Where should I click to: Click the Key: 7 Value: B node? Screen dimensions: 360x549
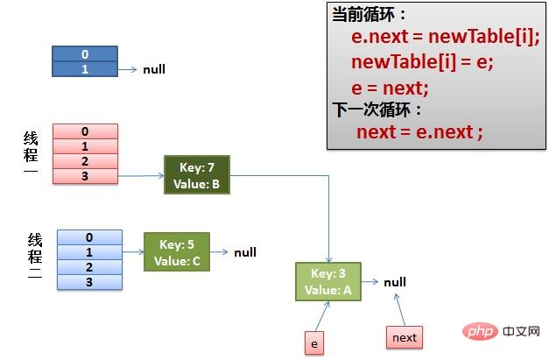(196, 175)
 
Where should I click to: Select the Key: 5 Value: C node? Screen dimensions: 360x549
(176, 252)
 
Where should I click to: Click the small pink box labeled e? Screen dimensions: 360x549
(314, 344)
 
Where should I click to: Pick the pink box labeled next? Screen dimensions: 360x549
(405, 337)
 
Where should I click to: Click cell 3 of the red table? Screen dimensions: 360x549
(85, 176)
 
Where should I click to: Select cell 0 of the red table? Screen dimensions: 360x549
(85, 131)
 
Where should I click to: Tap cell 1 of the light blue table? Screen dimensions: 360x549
(89, 251)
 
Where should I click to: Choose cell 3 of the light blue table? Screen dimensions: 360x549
(89, 282)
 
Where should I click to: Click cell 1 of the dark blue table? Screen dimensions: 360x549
(85, 69)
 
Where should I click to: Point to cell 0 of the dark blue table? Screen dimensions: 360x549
(85, 54)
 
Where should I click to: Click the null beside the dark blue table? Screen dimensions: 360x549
(154, 69)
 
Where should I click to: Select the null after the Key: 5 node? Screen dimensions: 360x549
(245, 252)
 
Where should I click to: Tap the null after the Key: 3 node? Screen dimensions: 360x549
(395, 282)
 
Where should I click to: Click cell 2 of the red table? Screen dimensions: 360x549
(85, 161)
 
